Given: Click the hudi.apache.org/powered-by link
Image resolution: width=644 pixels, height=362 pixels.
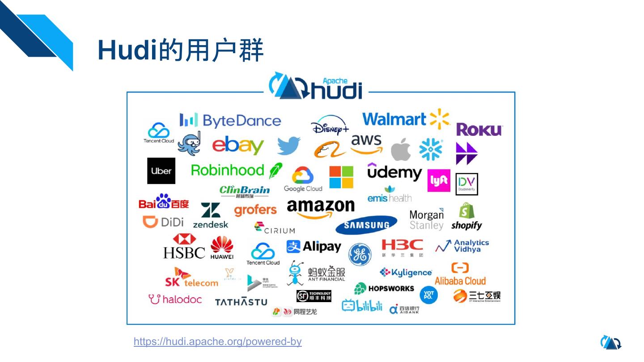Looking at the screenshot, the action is click(x=218, y=342).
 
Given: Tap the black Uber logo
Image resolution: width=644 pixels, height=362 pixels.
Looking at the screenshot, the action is click(x=161, y=171).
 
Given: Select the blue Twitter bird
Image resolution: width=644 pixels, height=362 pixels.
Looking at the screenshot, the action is click(x=288, y=146).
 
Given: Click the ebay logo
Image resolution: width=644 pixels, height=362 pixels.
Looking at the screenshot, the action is click(x=238, y=146).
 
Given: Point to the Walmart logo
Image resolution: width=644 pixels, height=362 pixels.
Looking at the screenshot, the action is click(x=405, y=119).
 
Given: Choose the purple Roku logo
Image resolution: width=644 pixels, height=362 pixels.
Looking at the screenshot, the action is click(x=479, y=130).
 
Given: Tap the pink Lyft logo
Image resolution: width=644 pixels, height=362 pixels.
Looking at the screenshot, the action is click(x=439, y=181).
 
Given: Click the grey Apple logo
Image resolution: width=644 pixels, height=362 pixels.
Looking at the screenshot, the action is click(x=401, y=149).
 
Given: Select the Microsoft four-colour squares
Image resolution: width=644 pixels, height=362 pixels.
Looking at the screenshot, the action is click(x=341, y=177).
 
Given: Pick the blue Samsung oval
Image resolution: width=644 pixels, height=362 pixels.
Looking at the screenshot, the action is click(x=366, y=225).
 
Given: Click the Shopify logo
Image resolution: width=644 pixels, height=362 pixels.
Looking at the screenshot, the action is click(x=466, y=217).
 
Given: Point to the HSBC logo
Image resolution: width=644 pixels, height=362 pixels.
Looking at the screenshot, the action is click(x=184, y=247).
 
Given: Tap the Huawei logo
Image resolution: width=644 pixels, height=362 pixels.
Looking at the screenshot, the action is click(x=222, y=248).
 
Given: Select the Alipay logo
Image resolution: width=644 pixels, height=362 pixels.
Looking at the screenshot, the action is click(x=314, y=247).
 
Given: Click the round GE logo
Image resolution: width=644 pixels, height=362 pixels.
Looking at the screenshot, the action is click(x=360, y=254).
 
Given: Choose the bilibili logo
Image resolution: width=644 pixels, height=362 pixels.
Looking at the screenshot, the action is click(x=362, y=306).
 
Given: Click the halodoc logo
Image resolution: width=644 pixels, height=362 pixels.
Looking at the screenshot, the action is click(x=175, y=299).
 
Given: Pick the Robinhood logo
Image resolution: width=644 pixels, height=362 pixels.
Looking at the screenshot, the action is click(x=236, y=170).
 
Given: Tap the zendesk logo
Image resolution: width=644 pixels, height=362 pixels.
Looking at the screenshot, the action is click(x=211, y=216).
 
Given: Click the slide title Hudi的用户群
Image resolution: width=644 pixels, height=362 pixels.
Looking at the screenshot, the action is click(x=181, y=50).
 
